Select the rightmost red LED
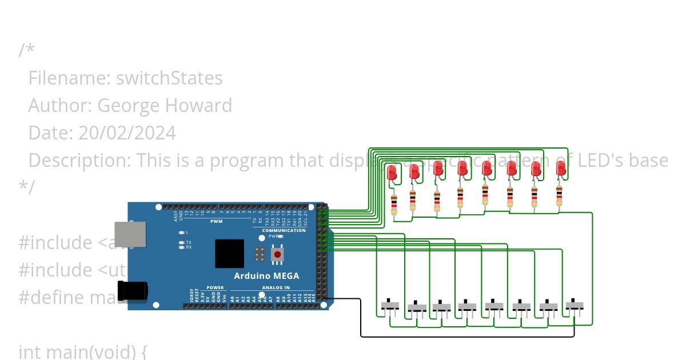coord(561,168)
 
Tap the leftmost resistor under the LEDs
coord(394,203)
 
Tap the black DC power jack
coord(132,291)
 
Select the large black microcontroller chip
coord(229,254)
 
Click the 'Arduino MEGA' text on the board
coord(266,276)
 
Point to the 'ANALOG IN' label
coord(276,287)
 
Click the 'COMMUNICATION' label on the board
coord(284,230)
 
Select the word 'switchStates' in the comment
coord(169,78)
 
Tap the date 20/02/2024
coord(127,133)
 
